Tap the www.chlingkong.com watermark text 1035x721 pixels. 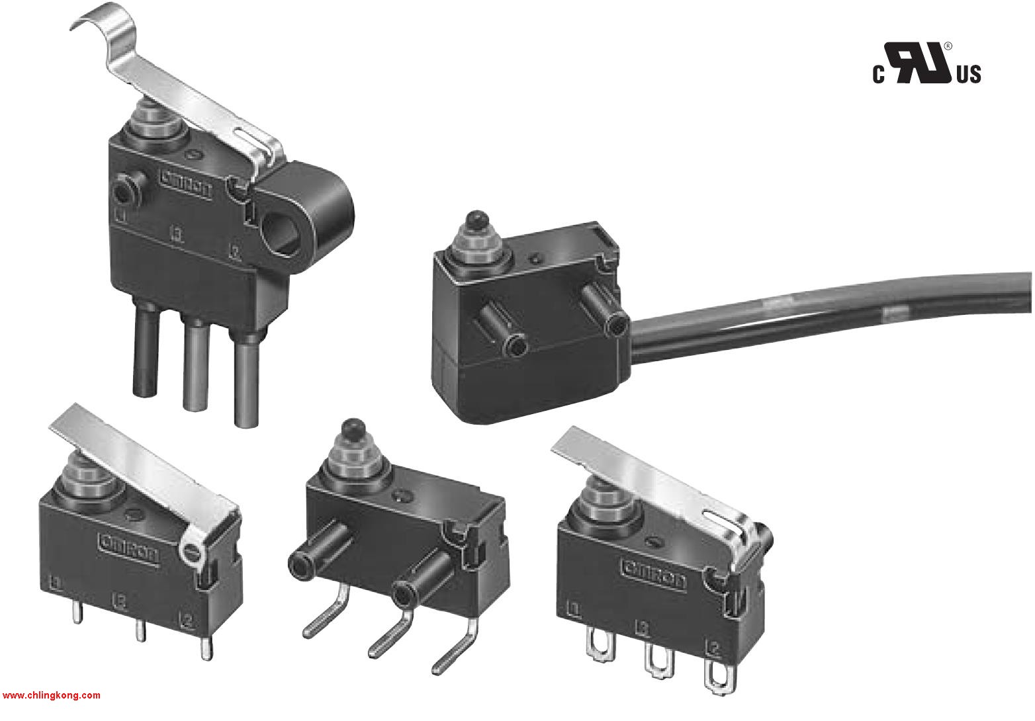(x=52, y=695)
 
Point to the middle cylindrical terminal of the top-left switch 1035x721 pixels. (x=193, y=360)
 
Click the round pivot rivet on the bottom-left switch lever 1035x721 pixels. (x=191, y=549)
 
